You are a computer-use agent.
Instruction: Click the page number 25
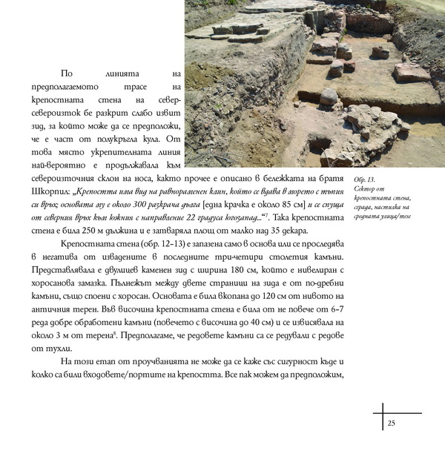(x=392, y=424)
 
